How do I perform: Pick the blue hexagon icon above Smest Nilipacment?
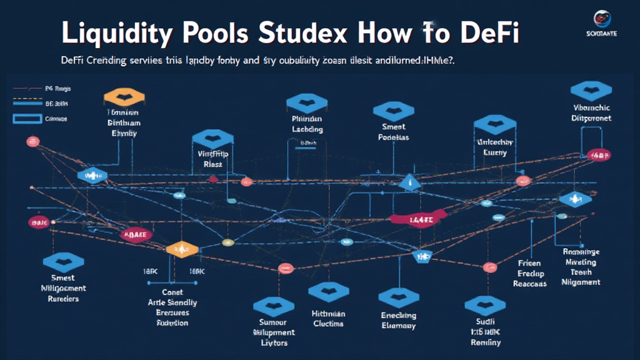(x=61, y=262)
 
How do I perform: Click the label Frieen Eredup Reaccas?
(x=531, y=273)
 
